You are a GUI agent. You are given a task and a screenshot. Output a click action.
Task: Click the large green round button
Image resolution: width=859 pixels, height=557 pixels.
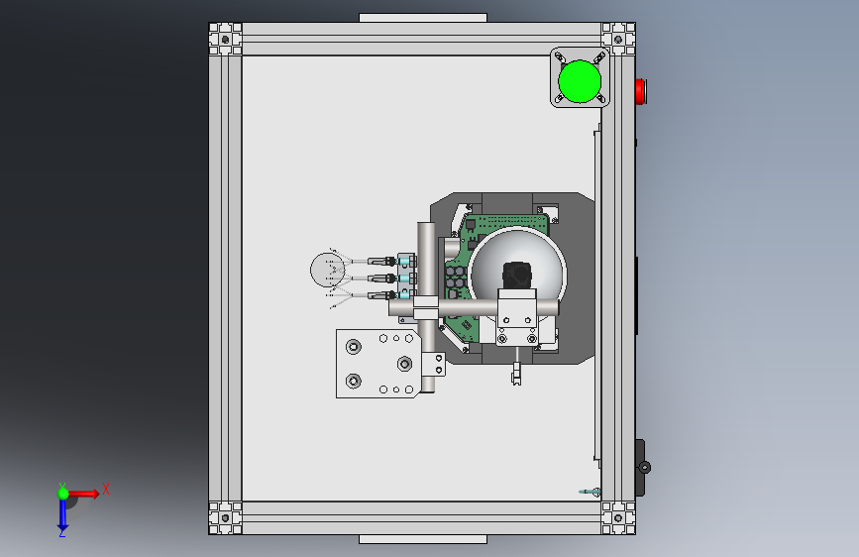(580, 81)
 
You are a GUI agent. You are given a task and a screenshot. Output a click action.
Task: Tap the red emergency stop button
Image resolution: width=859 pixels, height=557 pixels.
(641, 91)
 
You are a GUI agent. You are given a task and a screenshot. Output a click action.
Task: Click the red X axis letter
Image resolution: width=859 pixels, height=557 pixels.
(106, 489)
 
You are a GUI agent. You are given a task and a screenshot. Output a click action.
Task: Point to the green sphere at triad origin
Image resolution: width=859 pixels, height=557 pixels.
(63, 494)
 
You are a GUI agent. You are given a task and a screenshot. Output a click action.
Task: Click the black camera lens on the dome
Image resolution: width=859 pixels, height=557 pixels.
(517, 275)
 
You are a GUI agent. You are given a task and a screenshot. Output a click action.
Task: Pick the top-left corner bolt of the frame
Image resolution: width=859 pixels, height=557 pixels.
(225, 39)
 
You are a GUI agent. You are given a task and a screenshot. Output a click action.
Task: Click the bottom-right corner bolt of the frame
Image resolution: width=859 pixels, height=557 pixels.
(618, 517)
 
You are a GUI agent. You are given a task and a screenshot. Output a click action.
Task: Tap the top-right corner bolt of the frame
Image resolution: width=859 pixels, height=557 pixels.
(618, 39)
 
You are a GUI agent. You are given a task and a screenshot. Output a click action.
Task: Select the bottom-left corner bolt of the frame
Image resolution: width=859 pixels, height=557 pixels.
(225, 517)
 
